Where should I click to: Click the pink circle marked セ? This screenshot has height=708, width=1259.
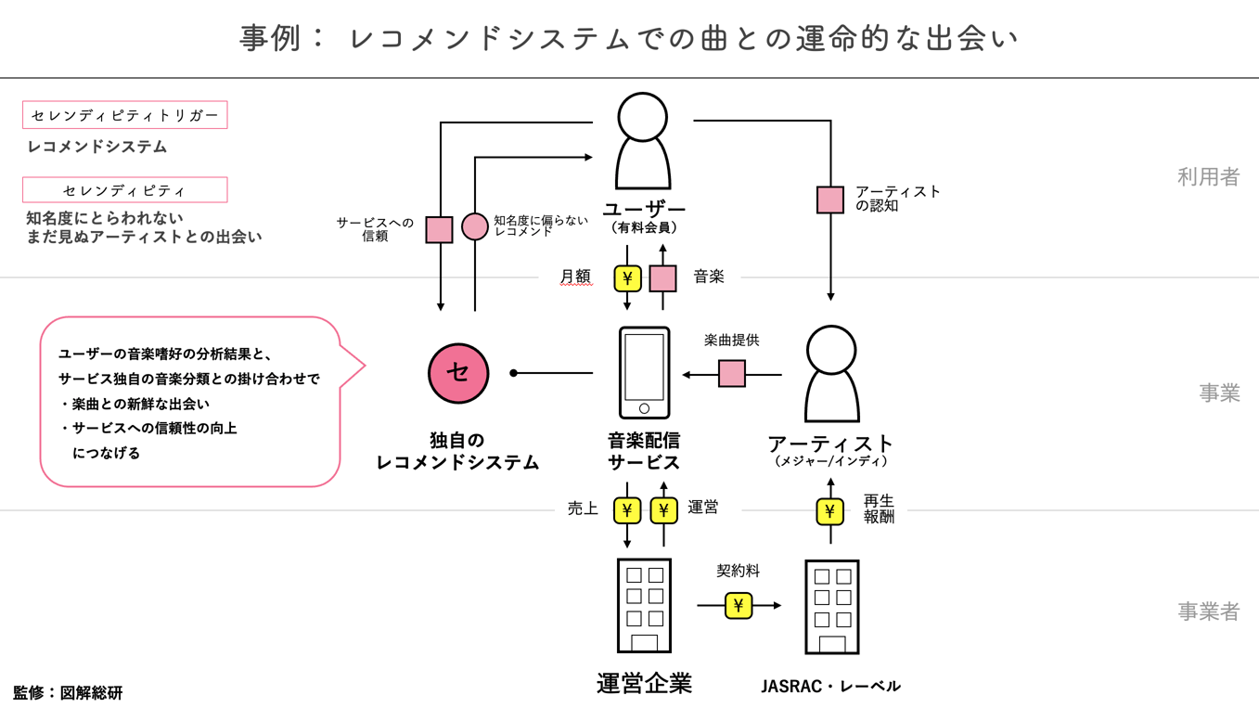458,373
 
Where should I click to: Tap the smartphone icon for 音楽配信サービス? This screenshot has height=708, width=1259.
644,373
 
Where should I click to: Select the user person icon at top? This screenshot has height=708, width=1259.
643,141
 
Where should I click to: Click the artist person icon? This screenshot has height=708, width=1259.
831,373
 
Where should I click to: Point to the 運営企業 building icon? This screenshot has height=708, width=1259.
644,606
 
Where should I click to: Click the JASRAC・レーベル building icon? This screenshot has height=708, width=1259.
831,607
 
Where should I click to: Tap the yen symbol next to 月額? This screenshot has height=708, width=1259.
628,277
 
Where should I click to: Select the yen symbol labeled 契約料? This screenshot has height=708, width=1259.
739,606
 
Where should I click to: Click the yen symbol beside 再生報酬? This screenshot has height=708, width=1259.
830,511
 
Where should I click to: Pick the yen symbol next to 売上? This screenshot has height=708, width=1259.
628,510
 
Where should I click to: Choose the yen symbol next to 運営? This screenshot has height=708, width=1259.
663,510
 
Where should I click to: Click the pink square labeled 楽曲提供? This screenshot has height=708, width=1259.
732,374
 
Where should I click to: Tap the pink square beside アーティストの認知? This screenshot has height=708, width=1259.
830,200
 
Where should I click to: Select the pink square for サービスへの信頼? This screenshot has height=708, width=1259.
439,229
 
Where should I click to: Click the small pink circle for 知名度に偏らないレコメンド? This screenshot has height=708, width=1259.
475,226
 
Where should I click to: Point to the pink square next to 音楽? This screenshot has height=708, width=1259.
662,277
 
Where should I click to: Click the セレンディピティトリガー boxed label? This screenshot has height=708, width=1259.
125,116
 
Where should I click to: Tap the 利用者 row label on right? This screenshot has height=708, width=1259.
1208,177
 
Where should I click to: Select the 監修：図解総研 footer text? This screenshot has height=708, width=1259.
68,692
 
